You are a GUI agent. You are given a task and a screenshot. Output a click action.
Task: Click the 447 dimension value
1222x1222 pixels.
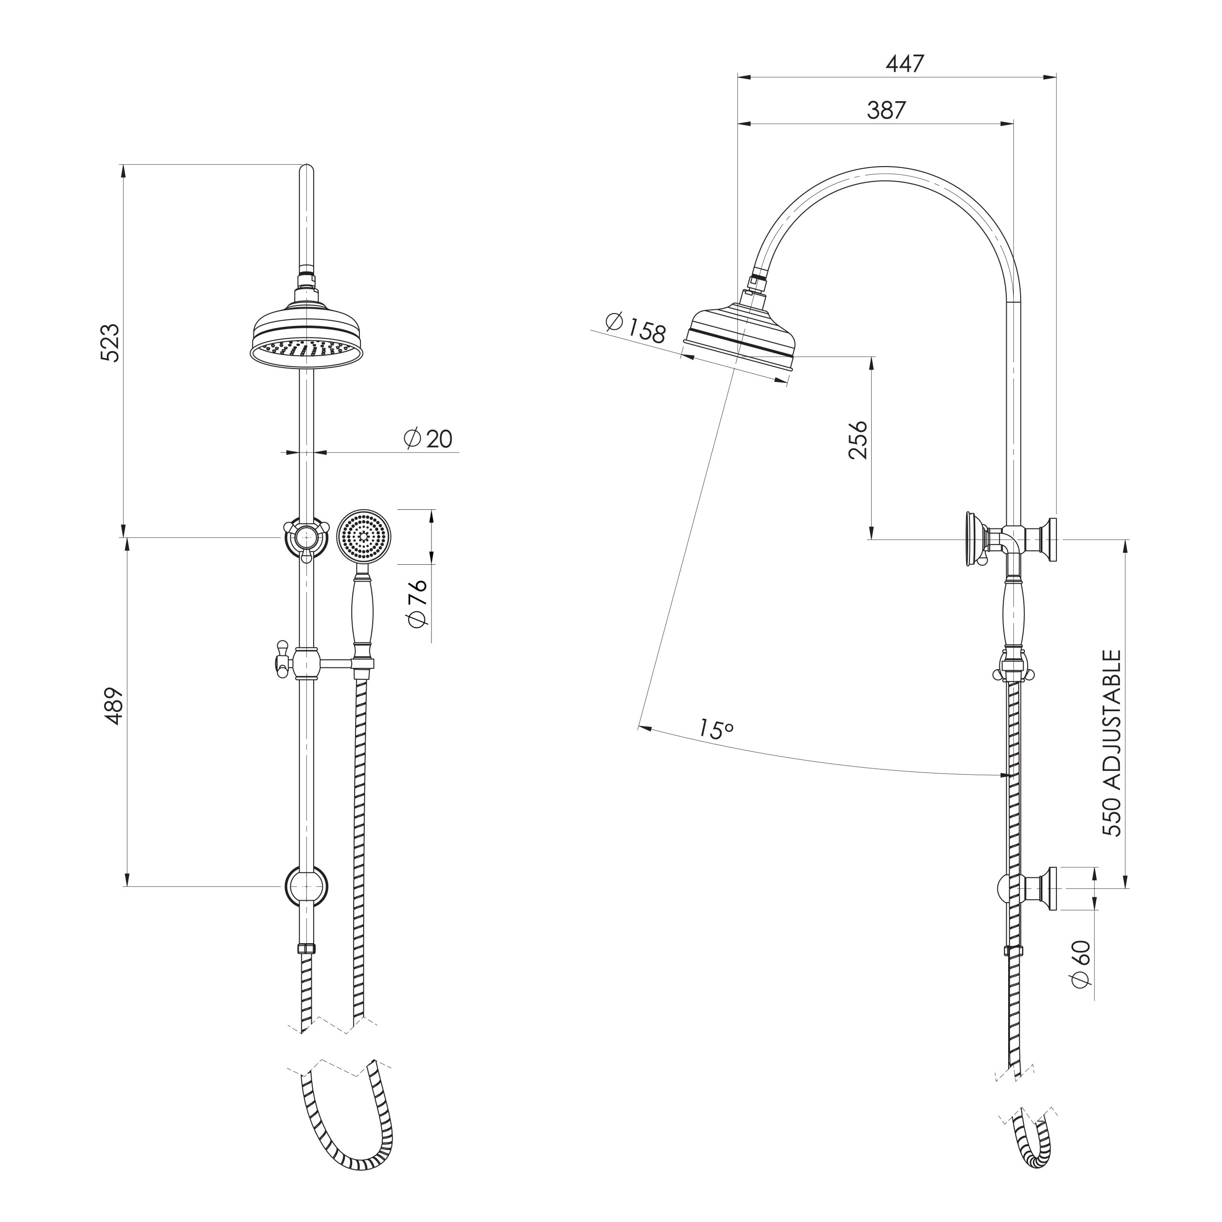[905, 64]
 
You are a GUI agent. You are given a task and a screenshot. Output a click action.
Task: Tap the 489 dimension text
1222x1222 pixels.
[114, 706]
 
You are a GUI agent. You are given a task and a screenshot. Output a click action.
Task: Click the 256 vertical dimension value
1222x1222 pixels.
[858, 440]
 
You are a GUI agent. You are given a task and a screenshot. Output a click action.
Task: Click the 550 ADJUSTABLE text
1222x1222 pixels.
[1111, 743]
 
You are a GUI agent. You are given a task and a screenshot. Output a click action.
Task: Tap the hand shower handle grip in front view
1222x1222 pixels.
[362, 611]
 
